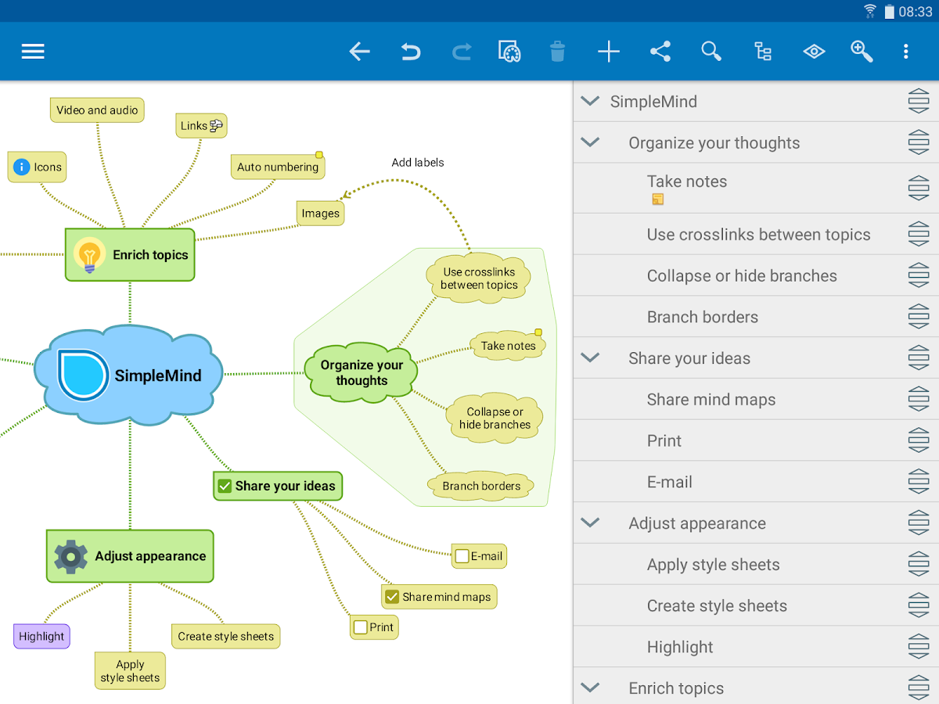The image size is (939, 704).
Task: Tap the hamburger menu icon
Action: click(33, 52)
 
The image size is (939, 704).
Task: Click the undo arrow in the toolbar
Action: click(411, 52)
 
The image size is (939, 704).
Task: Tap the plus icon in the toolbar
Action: click(608, 52)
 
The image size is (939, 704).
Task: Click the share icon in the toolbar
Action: click(660, 52)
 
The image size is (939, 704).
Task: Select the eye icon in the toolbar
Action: click(814, 52)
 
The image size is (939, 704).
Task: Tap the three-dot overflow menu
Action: click(905, 52)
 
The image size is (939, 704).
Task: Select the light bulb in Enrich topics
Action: click(89, 255)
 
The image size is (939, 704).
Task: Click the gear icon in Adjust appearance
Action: click(70, 556)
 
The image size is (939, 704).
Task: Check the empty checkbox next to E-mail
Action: click(462, 556)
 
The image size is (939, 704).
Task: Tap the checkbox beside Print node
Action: click(361, 627)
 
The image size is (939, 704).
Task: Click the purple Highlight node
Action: click(41, 636)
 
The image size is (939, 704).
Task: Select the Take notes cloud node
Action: click(508, 346)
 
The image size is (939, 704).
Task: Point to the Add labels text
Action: click(418, 163)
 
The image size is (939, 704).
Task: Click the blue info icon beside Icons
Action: click(21, 167)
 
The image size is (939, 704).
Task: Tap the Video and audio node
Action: click(97, 110)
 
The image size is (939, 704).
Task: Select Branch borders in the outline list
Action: click(702, 317)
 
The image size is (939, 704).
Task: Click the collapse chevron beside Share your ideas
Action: click(590, 357)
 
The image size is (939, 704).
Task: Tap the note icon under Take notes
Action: click(657, 199)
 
